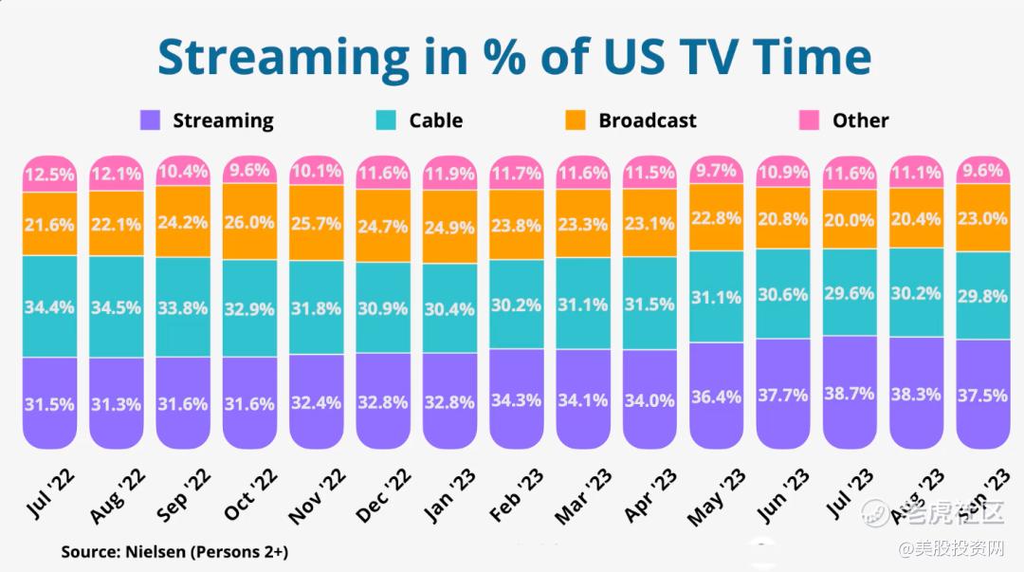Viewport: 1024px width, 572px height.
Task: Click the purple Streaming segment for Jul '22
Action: pyautogui.click(x=49, y=403)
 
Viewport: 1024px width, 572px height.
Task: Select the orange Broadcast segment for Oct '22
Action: pyautogui.click(x=250, y=222)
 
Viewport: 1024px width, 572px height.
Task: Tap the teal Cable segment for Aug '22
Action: pyautogui.click(x=116, y=307)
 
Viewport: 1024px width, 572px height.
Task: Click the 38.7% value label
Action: pyautogui.click(x=850, y=392)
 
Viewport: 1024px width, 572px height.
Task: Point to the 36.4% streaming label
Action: pyautogui.click(x=716, y=397)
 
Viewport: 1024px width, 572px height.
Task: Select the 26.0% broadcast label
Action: pyautogui.click(x=250, y=222)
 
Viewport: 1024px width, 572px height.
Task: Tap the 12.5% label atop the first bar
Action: pyautogui.click(x=49, y=175)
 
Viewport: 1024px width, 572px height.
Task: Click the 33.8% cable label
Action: pyautogui.click(x=183, y=307)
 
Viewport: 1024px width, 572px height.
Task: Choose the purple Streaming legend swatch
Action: pyautogui.click(x=150, y=120)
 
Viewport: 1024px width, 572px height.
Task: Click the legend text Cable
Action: pyautogui.click(x=435, y=120)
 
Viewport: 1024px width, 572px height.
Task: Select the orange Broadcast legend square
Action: pyautogui.click(x=576, y=120)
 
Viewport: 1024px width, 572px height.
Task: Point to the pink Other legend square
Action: pyautogui.click(x=809, y=120)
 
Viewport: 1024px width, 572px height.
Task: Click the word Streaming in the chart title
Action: pyautogui.click(x=283, y=58)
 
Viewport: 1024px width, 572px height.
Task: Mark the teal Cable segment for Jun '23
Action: pyautogui.click(x=783, y=294)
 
